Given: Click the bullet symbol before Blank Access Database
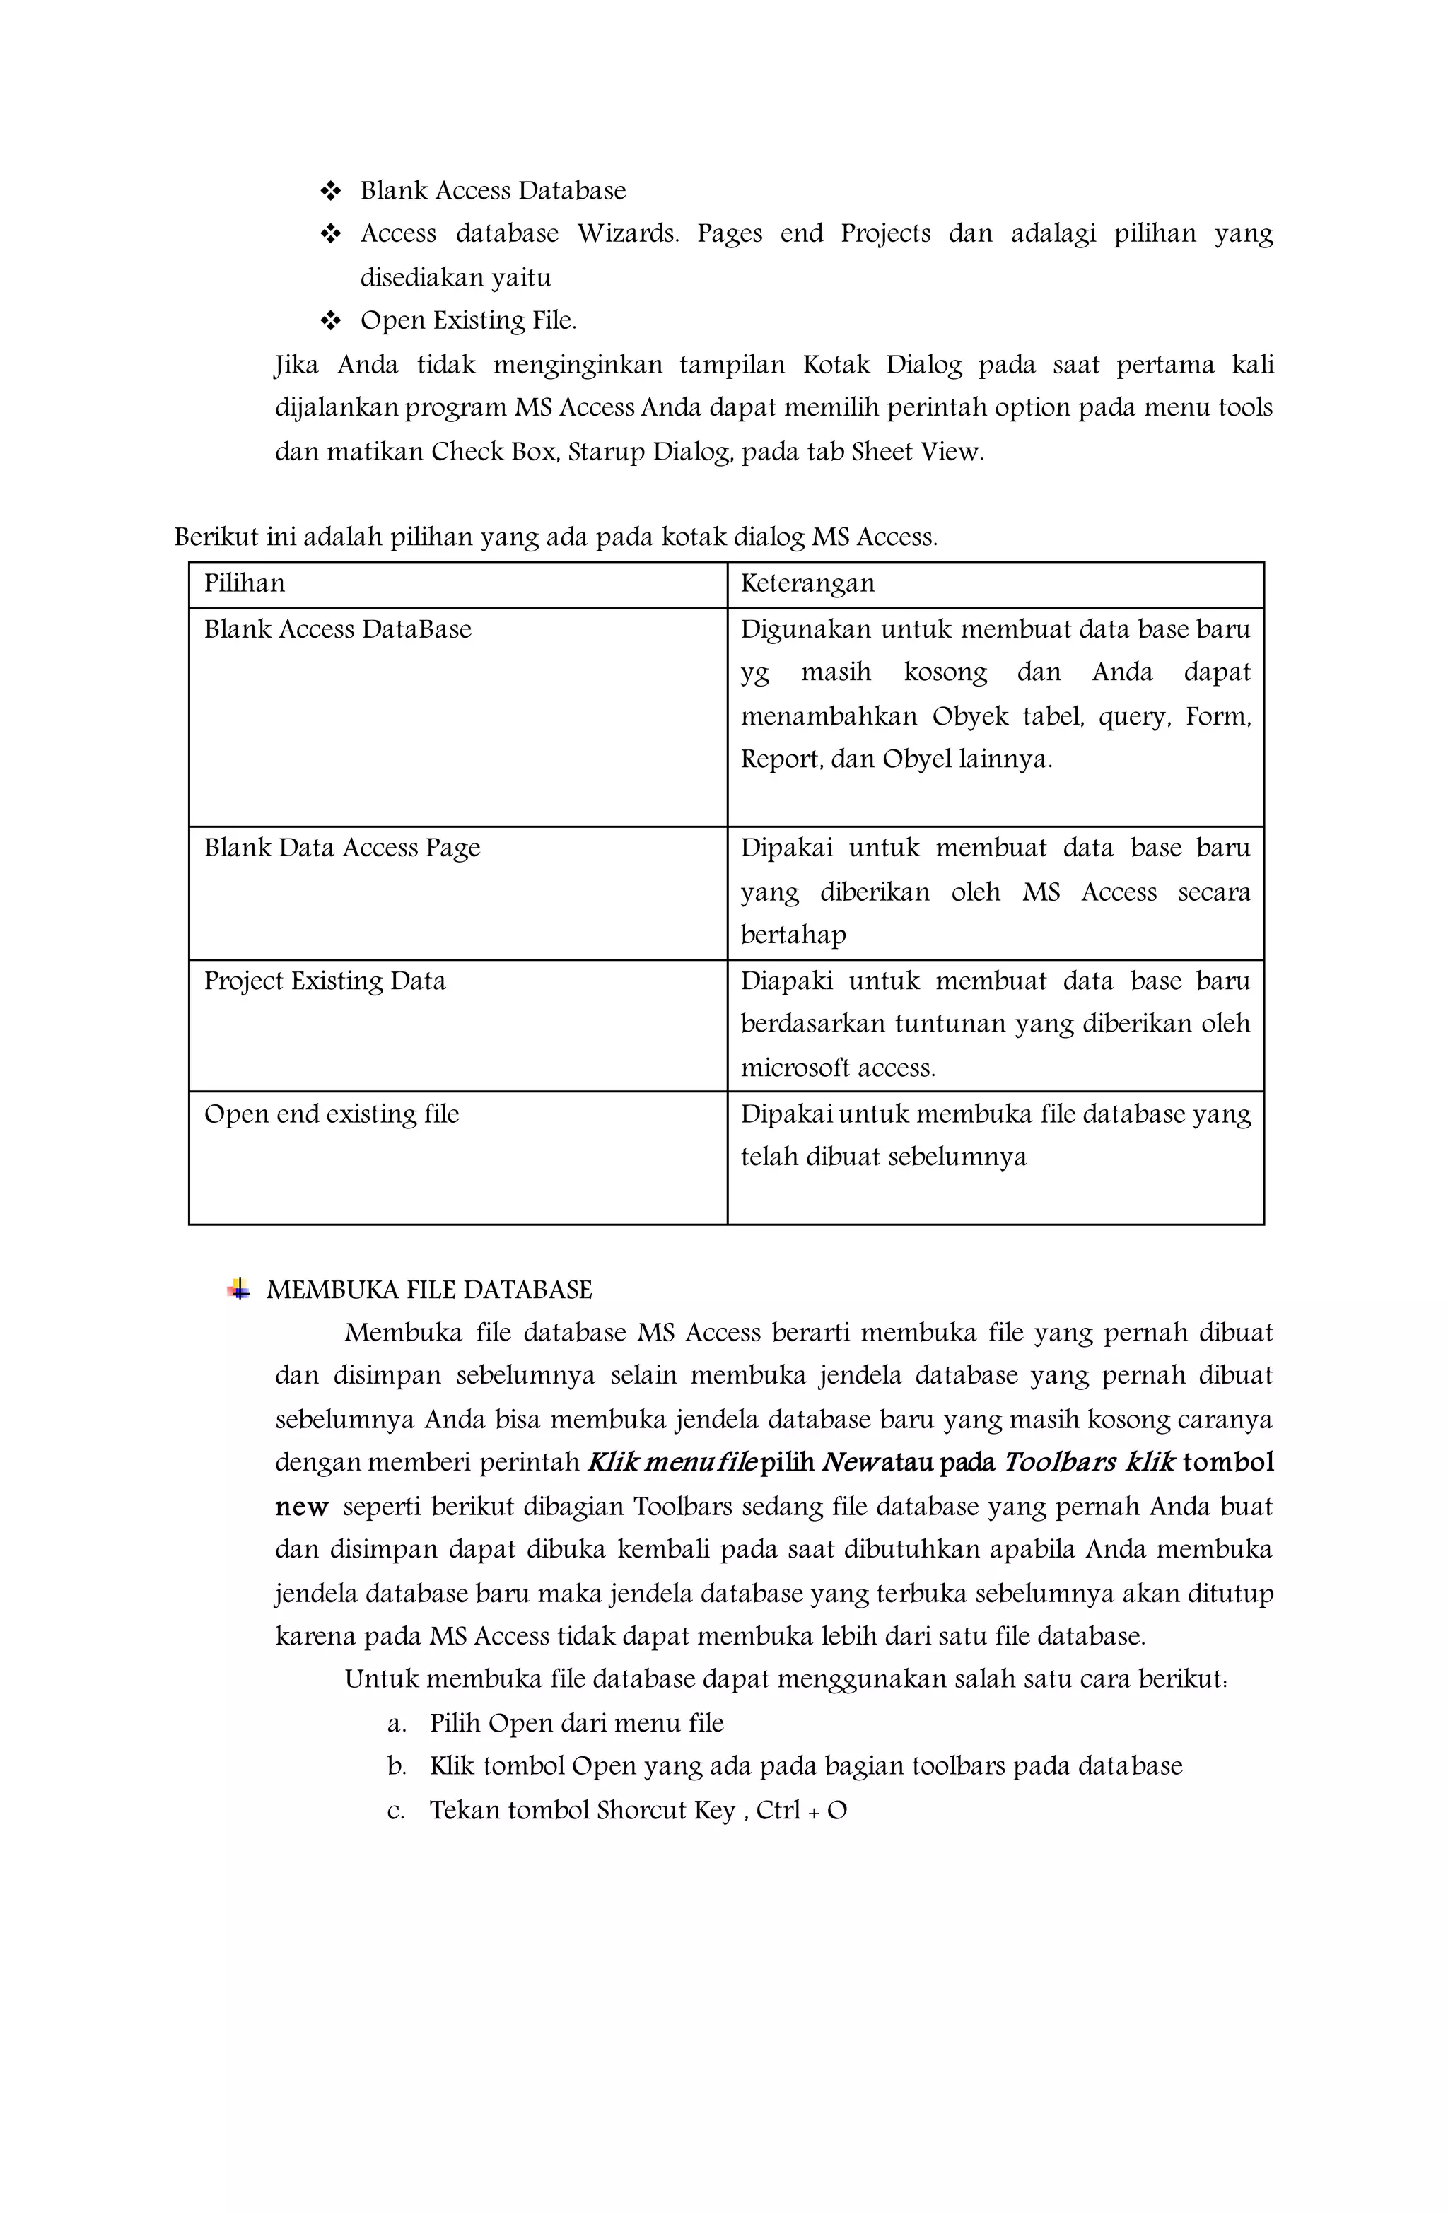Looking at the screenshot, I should click(330, 192).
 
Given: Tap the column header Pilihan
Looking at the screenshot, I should click(245, 584).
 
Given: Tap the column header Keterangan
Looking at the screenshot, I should click(807, 584).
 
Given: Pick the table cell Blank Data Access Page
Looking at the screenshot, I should click(342, 848).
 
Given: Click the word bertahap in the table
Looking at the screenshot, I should click(793, 935).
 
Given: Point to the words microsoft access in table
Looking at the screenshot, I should click(837, 1068).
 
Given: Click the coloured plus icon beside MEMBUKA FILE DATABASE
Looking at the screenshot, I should click(239, 1290).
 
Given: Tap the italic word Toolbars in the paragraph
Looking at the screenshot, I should click(1060, 1464).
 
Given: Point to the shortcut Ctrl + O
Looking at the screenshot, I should click(801, 1811).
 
